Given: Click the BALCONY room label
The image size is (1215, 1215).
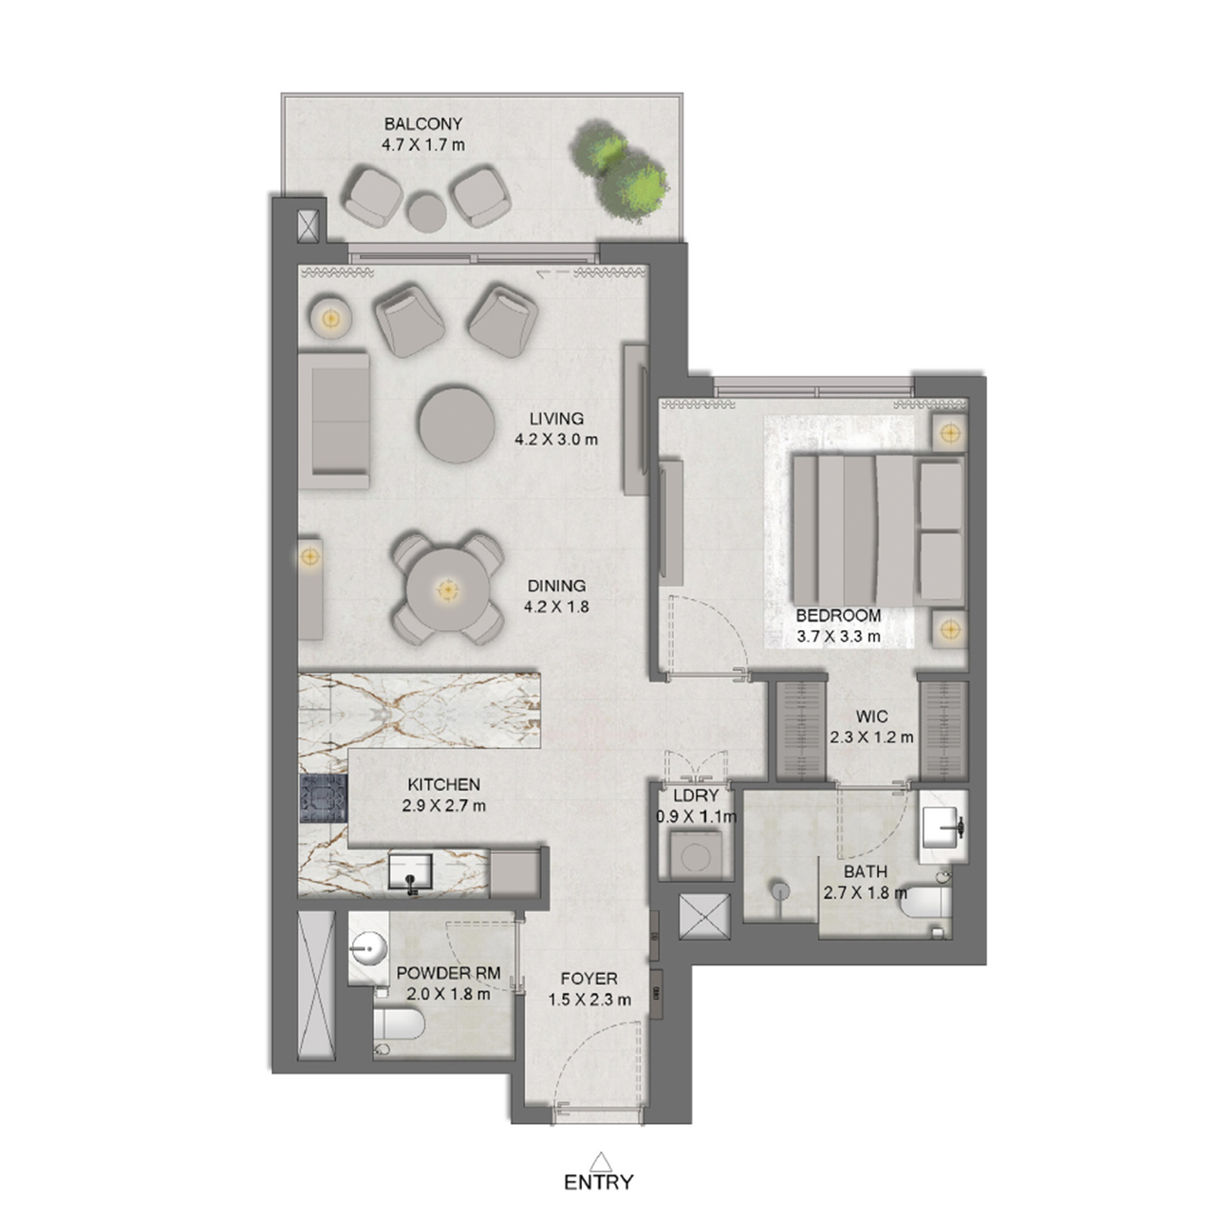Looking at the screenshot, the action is (423, 124).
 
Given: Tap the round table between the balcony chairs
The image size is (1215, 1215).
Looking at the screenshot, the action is (427, 212).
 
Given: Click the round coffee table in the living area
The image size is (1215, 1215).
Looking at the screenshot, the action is (458, 423).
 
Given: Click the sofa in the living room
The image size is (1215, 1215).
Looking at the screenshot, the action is (333, 421).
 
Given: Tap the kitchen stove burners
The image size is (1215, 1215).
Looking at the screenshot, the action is (324, 798).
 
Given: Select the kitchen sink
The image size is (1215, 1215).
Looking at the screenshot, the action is (410, 872).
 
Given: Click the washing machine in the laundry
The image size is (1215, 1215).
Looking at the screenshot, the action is (696, 855).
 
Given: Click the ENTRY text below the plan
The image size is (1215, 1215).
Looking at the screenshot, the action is (598, 1182).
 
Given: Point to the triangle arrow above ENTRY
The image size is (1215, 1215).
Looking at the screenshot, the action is (601, 1161).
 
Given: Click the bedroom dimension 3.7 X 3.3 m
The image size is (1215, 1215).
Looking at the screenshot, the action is (838, 637).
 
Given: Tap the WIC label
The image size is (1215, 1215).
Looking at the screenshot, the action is (871, 717).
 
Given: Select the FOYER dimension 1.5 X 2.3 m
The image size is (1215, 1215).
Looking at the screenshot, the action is (589, 1000).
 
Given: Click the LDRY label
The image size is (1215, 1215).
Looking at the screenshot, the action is (696, 795).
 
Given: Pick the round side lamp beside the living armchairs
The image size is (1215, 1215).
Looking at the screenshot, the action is (330, 318).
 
